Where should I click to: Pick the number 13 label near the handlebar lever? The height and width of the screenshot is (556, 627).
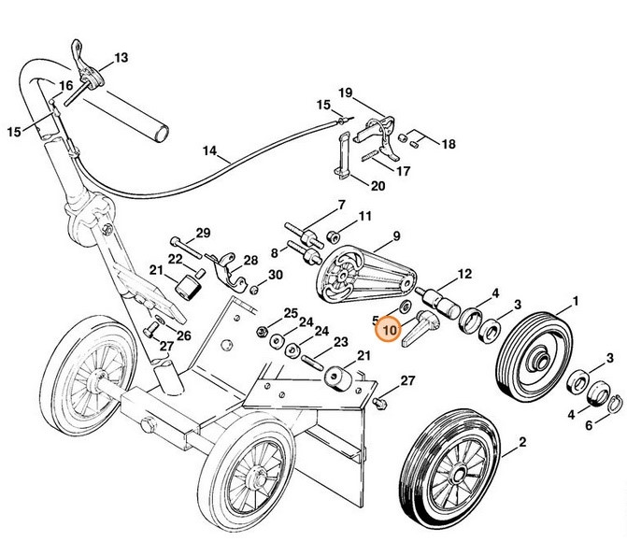121,57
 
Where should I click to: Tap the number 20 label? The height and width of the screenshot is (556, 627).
377,185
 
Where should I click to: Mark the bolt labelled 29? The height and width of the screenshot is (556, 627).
187,249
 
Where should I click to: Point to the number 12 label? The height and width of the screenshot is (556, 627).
463,275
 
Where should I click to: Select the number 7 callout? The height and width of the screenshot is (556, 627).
340,204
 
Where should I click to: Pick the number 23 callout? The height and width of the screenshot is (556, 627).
340,342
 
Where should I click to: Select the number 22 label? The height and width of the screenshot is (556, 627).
175,258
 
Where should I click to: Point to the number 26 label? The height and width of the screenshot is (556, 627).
184,335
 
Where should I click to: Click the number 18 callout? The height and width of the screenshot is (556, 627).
448,144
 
